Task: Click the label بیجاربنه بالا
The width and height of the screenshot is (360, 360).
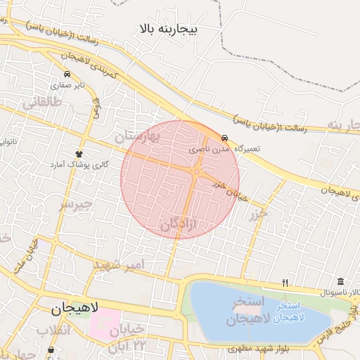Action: coord(169,29)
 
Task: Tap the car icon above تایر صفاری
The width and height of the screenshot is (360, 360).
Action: coord(67,74)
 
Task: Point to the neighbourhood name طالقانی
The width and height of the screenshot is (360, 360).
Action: coord(42,102)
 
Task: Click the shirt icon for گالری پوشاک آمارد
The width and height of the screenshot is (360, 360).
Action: coord(79,154)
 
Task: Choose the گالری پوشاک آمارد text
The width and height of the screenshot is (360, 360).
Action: coord(72,164)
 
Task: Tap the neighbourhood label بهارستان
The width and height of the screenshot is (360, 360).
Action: coord(157,134)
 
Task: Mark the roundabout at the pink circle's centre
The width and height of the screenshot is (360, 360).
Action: coord(198,171)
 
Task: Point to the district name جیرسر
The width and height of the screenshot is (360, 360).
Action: coord(75,205)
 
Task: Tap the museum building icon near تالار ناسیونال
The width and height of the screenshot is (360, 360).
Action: coord(340,281)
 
